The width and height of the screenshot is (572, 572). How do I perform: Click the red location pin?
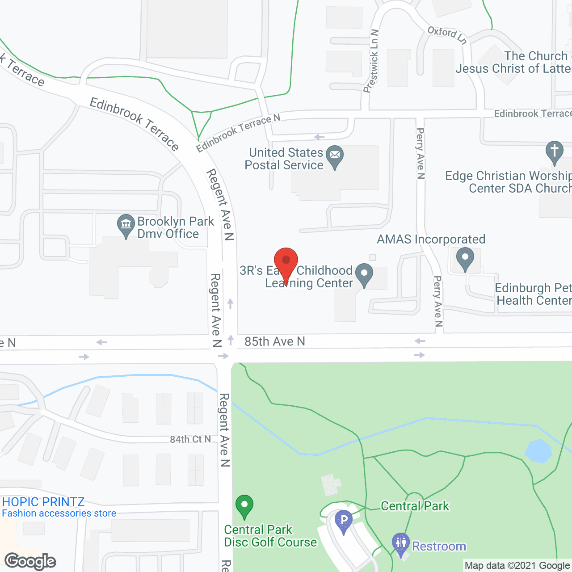[x=286, y=261]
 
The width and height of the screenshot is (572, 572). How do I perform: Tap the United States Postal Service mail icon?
[x=335, y=156]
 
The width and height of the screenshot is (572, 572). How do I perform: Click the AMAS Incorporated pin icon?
[x=465, y=258]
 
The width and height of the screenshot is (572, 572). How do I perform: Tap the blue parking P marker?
[x=344, y=521]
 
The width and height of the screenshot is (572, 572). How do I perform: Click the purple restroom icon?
[x=400, y=543]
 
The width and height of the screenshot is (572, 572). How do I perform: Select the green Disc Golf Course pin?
[x=244, y=506]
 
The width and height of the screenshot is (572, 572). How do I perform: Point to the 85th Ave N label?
[x=274, y=342]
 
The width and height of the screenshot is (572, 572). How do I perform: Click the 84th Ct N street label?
[x=190, y=439]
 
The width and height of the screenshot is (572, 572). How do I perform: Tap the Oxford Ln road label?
[x=447, y=35]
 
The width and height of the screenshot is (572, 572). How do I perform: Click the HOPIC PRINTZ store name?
[x=43, y=502]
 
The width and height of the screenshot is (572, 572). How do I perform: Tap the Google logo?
[x=30, y=561]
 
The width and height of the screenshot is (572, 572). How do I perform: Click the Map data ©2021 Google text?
[x=517, y=566]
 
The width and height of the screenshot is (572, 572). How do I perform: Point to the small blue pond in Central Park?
[x=538, y=451]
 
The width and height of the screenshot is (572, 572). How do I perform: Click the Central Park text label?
[x=415, y=506]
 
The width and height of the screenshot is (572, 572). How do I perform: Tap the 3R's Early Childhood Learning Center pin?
[x=364, y=274]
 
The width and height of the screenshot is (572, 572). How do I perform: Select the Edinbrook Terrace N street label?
[x=238, y=132]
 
